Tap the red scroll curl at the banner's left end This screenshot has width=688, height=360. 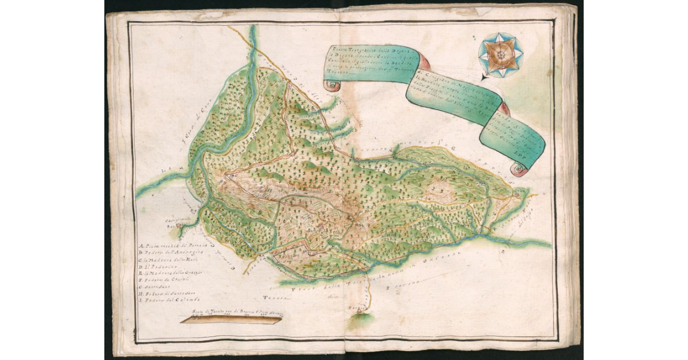click(x=331, y=85)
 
